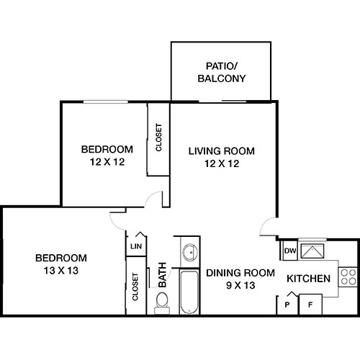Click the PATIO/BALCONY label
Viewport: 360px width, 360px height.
pyautogui.click(x=222, y=73)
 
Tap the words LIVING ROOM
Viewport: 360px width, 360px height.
pyautogui.click(x=222, y=151)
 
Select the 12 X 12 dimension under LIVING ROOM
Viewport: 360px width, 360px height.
pyautogui.click(x=222, y=163)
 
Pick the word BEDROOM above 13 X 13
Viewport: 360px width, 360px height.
pyautogui.click(x=61, y=258)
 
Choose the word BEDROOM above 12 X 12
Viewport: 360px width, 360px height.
pyautogui.click(x=107, y=150)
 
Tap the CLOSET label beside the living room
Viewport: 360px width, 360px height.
pyautogui.click(x=159, y=138)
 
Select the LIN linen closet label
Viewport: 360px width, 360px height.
pyautogui.click(x=135, y=247)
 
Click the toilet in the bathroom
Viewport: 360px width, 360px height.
pyautogui.click(x=162, y=300)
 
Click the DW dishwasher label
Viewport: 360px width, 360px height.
pyautogui.click(x=289, y=251)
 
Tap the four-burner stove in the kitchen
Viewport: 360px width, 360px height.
pyautogui.click(x=346, y=276)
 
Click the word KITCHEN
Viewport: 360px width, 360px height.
pyautogui.click(x=308, y=279)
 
